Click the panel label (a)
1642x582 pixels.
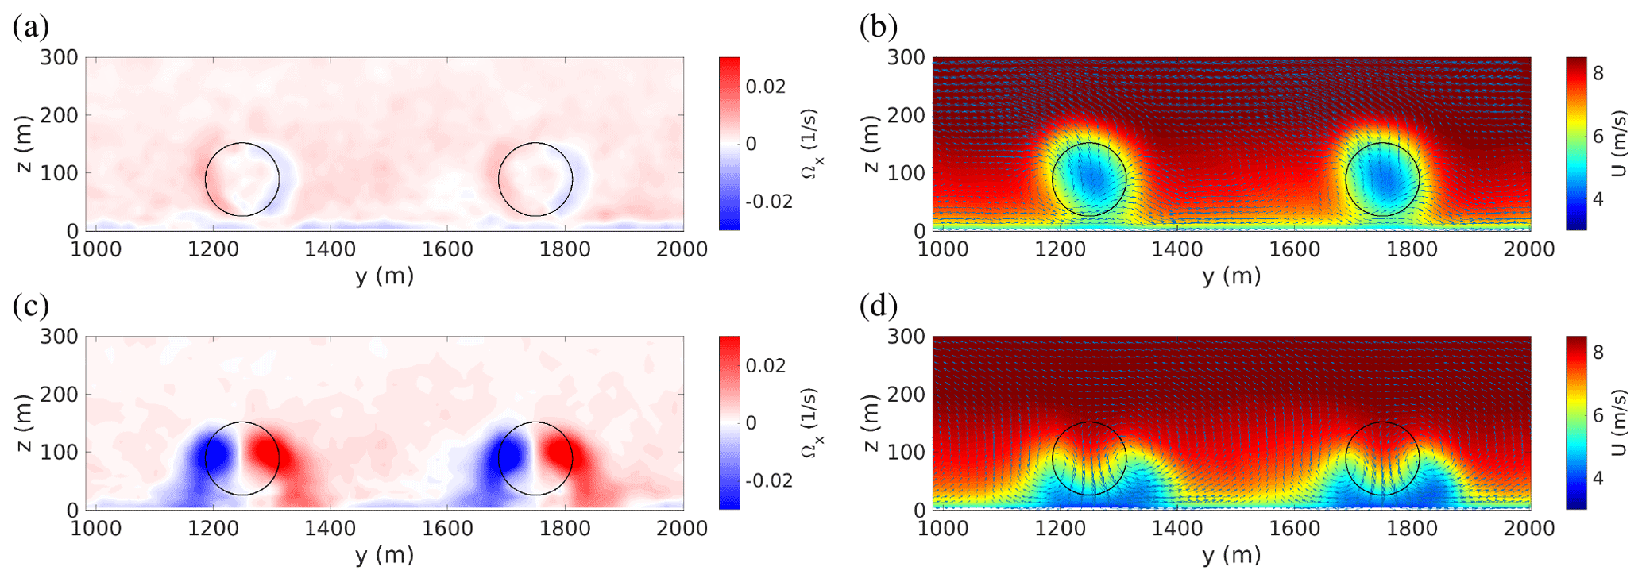tap(31, 28)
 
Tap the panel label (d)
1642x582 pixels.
tap(879, 306)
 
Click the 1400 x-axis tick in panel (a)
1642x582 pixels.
tap(330, 249)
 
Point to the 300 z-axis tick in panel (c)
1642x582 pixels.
tap(60, 337)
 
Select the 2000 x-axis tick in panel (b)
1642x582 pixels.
tap(1530, 249)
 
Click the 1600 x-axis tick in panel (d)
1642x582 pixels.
tap(1295, 529)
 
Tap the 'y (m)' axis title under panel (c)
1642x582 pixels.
tap(384, 555)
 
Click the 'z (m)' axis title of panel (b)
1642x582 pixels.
tap(871, 144)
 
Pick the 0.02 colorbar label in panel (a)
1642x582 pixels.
tap(765, 87)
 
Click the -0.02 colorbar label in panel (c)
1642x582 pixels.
tap(768, 480)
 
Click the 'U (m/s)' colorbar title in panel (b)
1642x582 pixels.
tap(1621, 144)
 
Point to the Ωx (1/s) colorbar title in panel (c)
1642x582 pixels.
tap(811, 423)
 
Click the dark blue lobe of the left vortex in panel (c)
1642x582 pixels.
tap(216, 455)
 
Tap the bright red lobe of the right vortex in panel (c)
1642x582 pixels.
tap(559, 457)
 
